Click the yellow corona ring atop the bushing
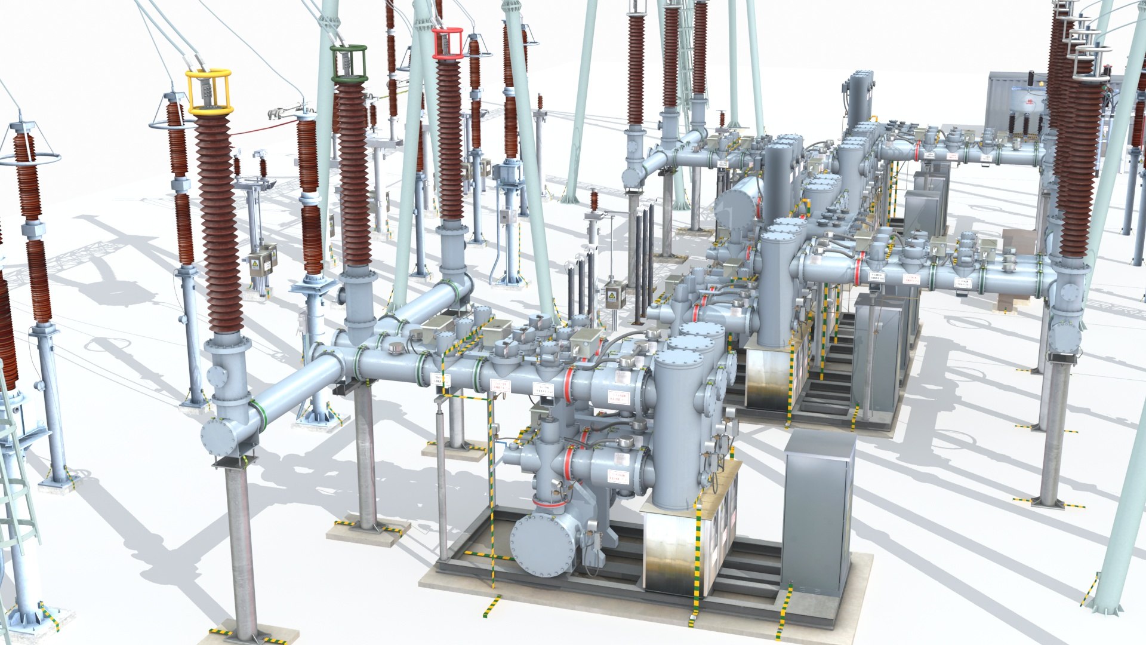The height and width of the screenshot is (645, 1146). point(208,92)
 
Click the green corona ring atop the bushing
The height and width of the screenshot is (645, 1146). point(349,63)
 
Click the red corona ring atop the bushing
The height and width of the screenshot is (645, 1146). point(448,44)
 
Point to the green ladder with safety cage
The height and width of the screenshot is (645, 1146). point(15,478)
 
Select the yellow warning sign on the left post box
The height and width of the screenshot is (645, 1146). point(255,263)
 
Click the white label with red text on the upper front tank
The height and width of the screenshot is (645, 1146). point(618,396)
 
